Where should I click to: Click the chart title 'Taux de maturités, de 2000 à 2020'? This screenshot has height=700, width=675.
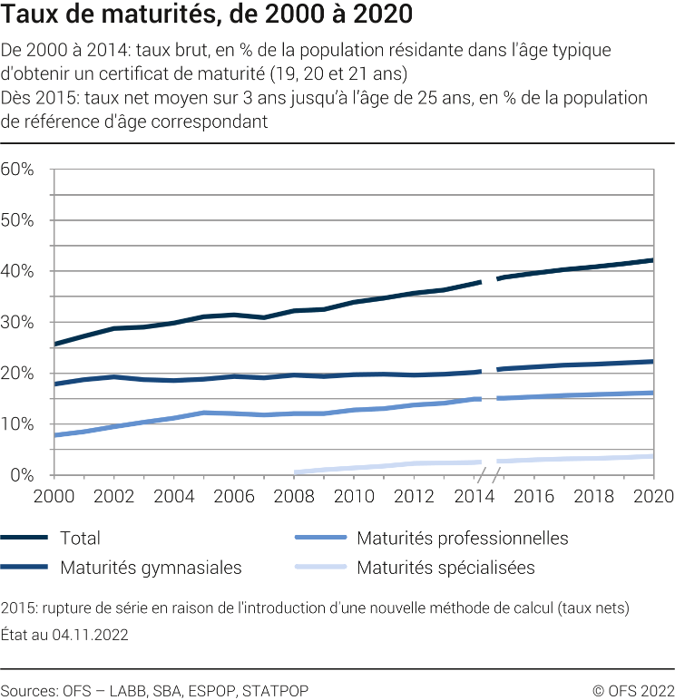pyautogui.click(x=207, y=15)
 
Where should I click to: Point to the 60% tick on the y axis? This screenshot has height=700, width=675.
pyautogui.click(x=17, y=170)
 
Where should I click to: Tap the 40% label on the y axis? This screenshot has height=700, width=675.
pyautogui.click(x=17, y=271)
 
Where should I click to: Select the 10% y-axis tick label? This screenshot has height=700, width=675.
pyautogui.click(x=17, y=424)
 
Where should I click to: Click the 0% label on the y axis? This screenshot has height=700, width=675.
pyautogui.click(x=22, y=475)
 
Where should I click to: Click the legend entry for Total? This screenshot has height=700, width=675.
pyautogui.click(x=80, y=539)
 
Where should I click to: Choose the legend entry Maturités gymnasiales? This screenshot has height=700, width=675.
pyautogui.click(x=151, y=569)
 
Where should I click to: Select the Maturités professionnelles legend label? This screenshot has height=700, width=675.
pyautogui.click(x=462, y=539)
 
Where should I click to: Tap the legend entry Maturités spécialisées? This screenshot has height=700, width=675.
pyautogui.click(x=445, y=569)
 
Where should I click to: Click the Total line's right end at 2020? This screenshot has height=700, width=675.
pyautogui.click(x=652, y=260)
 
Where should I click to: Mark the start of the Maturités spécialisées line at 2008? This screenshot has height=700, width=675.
pyautogui.click(x=295, y=472)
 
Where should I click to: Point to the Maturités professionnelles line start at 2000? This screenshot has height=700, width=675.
pyautogui.click(x=55, y=435)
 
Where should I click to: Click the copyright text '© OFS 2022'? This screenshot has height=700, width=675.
pyautogui.click(x=632, y=691)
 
